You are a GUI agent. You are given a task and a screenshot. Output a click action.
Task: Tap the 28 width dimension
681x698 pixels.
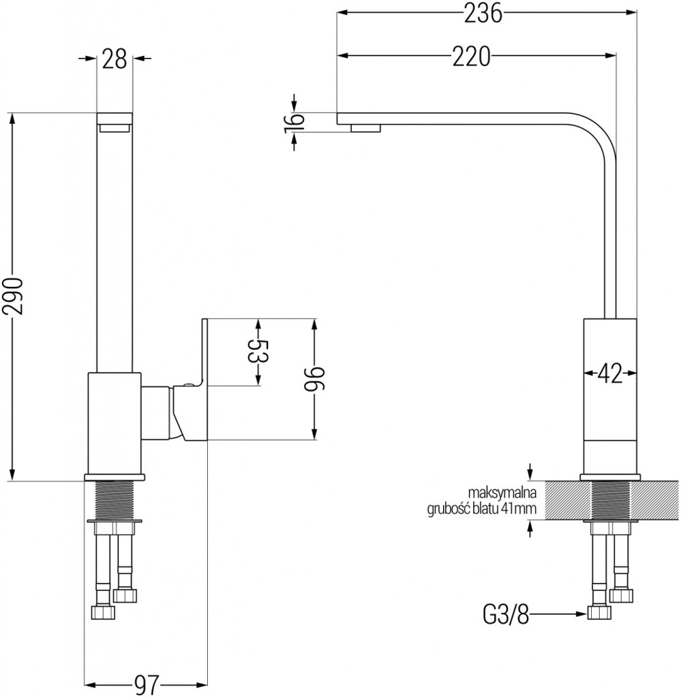[115, 59]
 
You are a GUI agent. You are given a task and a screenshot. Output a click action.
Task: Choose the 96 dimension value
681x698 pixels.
[314, 380]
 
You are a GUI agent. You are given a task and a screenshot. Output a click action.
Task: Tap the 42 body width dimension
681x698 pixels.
[610, 374]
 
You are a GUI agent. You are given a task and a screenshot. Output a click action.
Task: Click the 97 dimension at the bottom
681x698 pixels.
[147, 684]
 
